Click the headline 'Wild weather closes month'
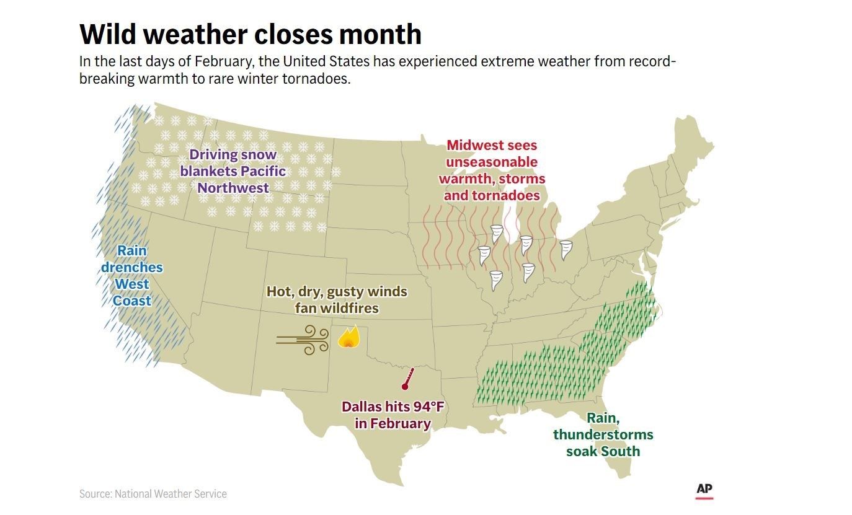pos(251,34)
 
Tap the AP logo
pos(704,490)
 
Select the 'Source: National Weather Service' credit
pos(153,494)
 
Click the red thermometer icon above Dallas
pos(407,378)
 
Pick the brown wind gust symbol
pos(303,340)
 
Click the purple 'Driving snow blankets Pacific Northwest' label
pos(233,171)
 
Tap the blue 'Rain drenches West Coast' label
pos(131,276)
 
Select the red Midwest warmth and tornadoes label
pos(492,170)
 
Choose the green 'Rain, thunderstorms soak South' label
pos(603,434)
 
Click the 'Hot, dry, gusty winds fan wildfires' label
pos(337,299)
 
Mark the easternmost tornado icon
pos(566,250)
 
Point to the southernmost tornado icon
pos(495,280)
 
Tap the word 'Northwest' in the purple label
pos(233,187)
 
